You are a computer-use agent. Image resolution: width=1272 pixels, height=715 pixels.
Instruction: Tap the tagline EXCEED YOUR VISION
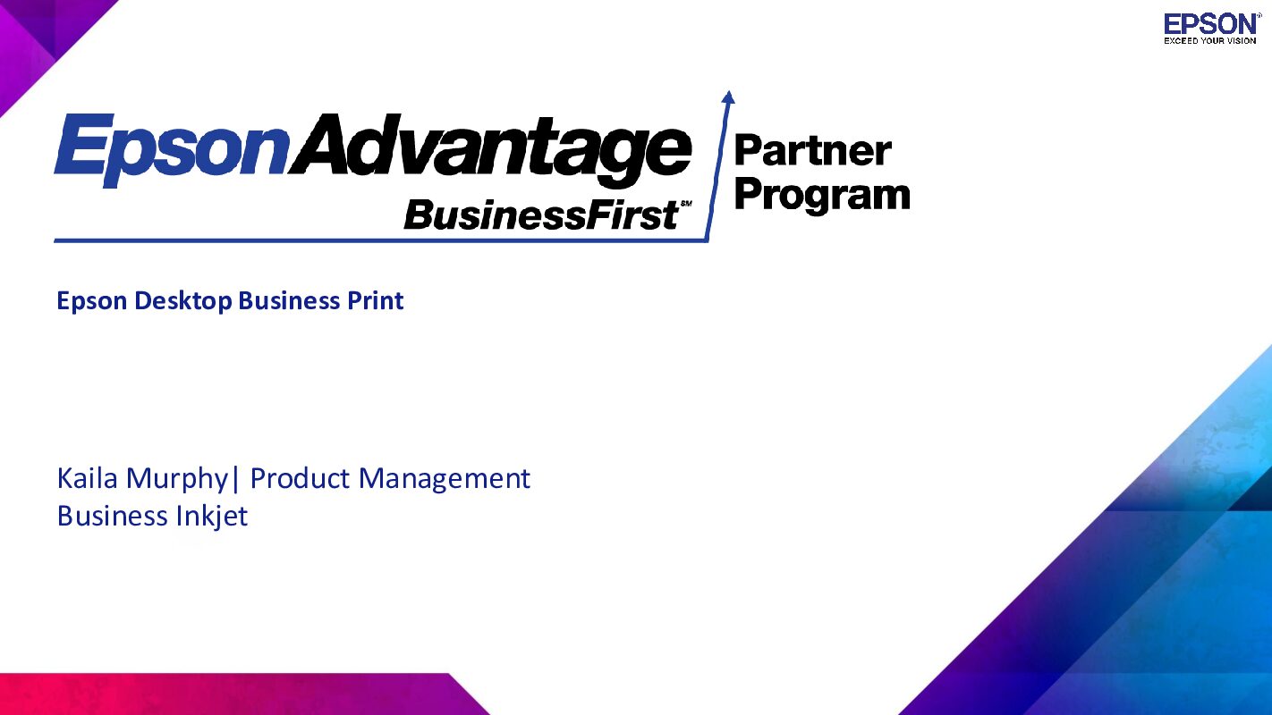point(1210,41)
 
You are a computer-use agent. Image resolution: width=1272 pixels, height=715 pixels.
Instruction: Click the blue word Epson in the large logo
point(170,150)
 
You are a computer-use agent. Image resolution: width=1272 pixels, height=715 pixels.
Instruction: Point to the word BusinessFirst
point(540,215)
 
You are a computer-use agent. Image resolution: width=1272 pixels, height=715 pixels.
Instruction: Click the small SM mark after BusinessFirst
point(686,203)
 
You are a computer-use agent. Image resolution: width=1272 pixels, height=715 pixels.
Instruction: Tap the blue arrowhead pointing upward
point(728,97)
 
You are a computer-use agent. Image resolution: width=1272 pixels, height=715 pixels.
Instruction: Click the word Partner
point(812,151)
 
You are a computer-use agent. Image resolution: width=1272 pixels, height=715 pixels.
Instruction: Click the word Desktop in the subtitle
point(182,301)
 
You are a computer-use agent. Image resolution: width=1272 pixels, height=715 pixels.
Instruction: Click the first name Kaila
point(87,478)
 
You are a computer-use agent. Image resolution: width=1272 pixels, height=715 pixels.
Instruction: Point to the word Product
point(300,478)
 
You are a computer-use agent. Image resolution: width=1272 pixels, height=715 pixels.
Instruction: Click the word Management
point(444,480)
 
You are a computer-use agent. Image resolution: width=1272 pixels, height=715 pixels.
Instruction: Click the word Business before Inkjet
point(111,517)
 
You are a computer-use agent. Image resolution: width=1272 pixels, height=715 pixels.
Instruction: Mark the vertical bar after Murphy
point(235,480)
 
